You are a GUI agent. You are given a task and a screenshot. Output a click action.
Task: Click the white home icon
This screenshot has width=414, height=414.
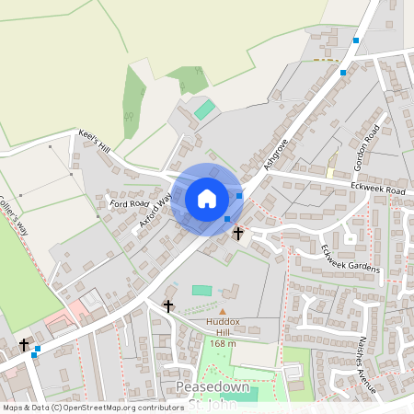click(x=207, y=198)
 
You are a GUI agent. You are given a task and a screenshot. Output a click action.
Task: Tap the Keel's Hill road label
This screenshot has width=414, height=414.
click(x=94, y=142)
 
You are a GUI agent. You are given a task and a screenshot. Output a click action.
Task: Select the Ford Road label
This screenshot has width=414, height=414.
click(x=129, y=203)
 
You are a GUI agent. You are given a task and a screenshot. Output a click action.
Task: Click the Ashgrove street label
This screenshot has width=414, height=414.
click(x=275, y=154)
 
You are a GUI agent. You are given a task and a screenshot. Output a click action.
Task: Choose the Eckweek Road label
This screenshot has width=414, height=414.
click(x=377, y=190)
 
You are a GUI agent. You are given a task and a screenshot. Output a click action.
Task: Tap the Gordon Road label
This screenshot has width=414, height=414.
click(x=366, y=150)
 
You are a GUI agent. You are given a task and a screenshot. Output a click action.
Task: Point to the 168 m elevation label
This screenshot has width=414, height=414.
click(x=223, y=343)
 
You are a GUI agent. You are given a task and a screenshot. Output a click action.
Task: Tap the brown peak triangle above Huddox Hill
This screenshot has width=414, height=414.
click(x=222, y=311)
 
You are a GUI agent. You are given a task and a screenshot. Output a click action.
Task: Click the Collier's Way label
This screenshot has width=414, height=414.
click(x=15, y=213)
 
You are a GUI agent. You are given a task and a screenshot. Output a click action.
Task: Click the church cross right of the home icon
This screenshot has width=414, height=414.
click(x=238, y=234)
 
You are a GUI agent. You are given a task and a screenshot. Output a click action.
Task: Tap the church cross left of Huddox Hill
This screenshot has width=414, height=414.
click(x=168, y=305)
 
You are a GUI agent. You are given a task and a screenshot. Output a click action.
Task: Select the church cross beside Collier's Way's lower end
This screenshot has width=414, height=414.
click(x=25, y=345)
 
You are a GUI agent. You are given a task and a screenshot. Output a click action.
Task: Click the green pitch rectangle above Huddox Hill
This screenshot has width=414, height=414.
click(x=201, y=290)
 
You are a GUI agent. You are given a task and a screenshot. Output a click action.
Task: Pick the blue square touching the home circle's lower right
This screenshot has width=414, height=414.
click(x=227, y=219)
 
